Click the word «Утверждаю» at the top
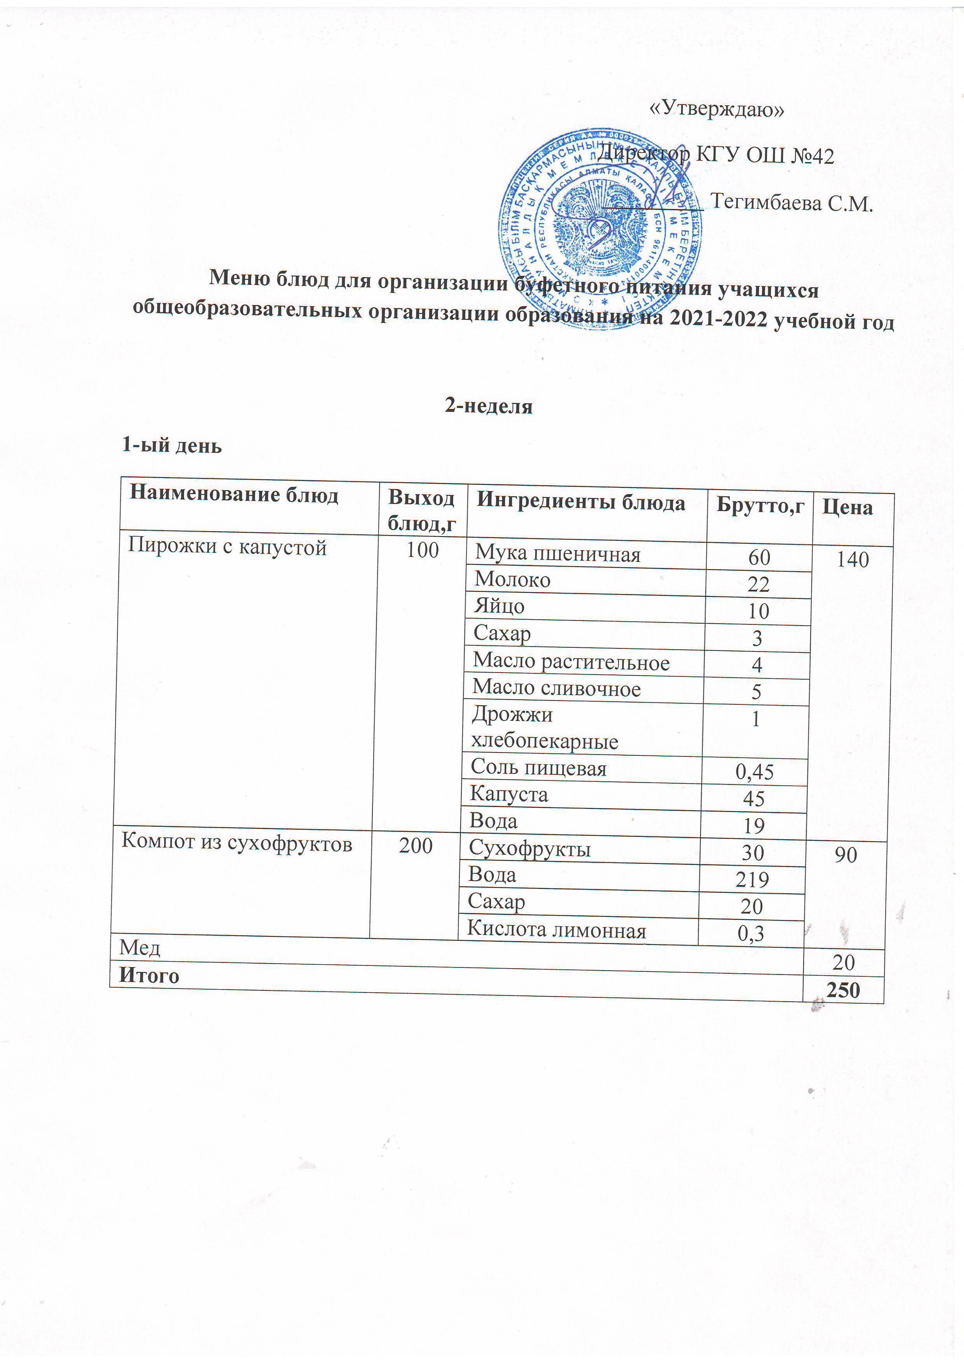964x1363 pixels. click(717, 109)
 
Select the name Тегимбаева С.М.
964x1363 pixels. click(792, 203)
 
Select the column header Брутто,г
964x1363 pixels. click(760, 505)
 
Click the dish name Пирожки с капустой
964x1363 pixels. click(227, 546)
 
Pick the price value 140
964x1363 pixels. click(852, 559)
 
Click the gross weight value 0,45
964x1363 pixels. click(754, 771)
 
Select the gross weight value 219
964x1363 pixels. click(752, 879)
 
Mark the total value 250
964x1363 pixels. click(844, 990)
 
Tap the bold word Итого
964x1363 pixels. click(149, 976)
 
